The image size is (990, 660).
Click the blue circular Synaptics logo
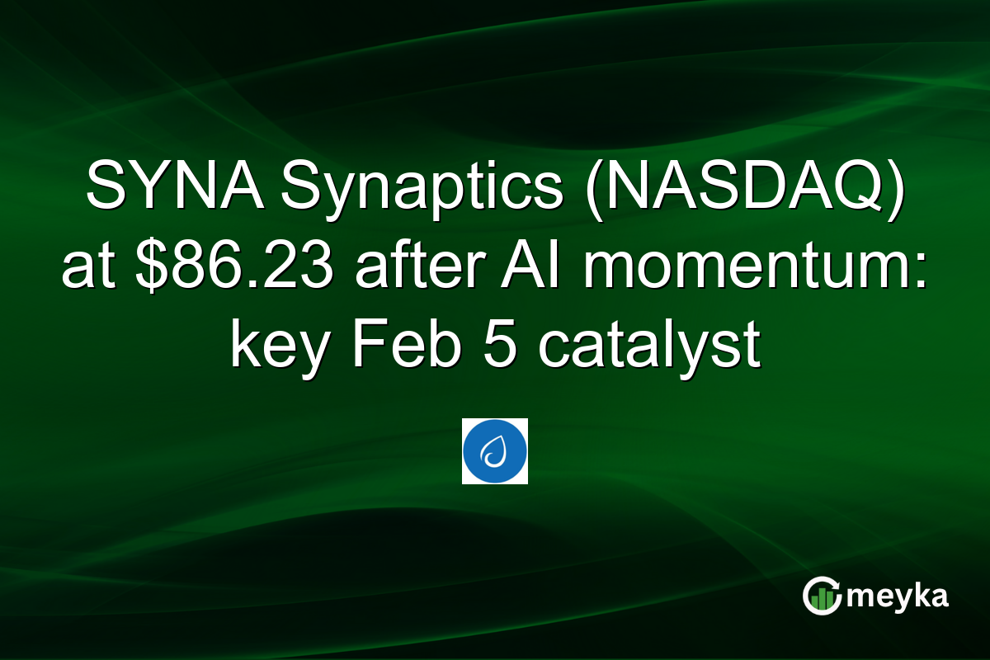[495, 450]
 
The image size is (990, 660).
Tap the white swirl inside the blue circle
[495, 452]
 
